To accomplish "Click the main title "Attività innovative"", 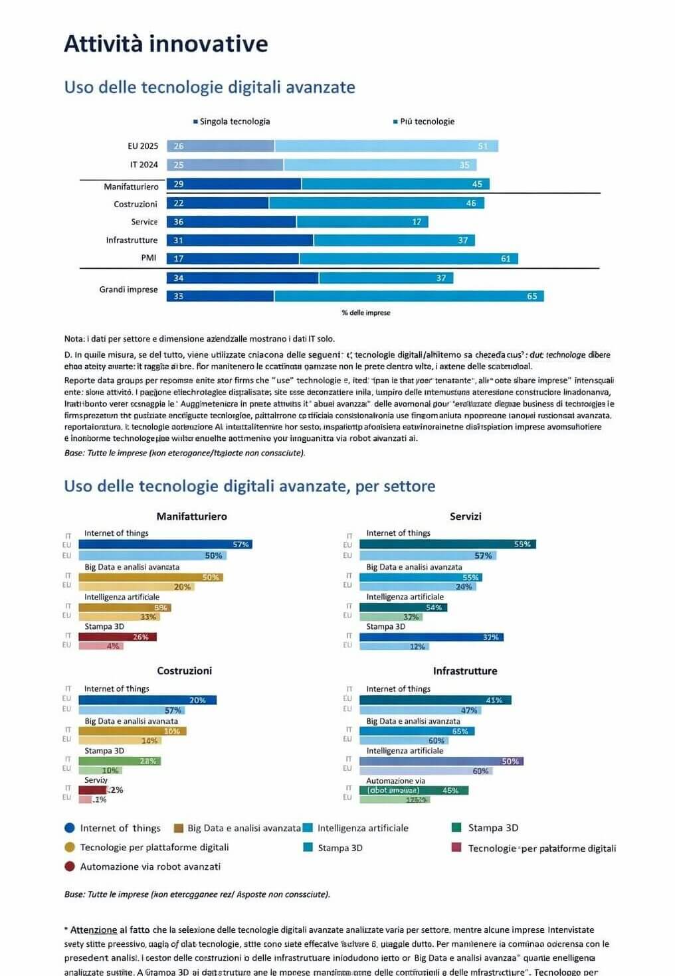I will click(166, 44).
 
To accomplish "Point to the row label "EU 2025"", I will click(143, 146).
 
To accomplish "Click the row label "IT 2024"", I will click(144, 165).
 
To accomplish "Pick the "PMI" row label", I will click(149, 258).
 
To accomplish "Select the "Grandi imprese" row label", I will click(128, 289).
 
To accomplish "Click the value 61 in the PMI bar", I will click(506, 258).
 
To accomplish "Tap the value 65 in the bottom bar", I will click(531, 296).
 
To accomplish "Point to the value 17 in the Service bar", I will click(417, 222).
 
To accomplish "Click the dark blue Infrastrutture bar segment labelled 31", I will click(239, 240).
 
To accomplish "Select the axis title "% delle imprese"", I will click(366, 313).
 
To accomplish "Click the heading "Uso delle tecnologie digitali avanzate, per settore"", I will click(249, 486).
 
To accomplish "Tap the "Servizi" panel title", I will click(465, 517).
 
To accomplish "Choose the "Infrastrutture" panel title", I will click(465, 671).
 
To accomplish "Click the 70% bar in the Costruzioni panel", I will click(147, 700).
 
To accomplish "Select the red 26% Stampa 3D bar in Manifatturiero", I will click(118, 637).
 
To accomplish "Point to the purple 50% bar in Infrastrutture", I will click(441, 762).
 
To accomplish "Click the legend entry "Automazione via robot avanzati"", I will click(150, 866).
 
